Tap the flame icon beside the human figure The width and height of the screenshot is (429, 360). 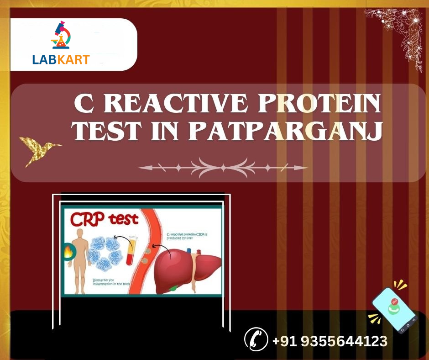pyautogui.click(x=67, y=252)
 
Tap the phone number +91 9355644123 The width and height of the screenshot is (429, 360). pyautogui.click(x=330, y=341)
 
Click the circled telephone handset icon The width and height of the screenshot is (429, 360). pyautogui.click(x=256, y=339)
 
